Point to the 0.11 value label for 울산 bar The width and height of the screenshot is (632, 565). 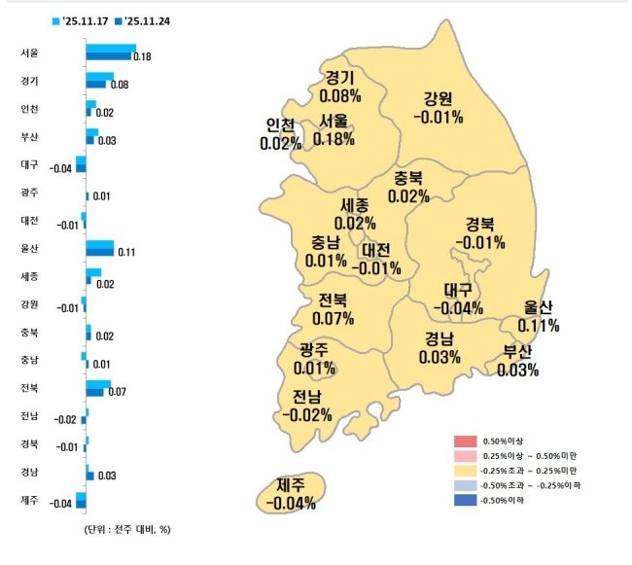point(125,252)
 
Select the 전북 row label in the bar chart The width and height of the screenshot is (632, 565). point(29,388)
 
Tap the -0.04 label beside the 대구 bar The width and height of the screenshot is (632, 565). point(61,168)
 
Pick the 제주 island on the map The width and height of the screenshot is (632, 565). point(293,493)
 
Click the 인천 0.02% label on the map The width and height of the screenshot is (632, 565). point(281,133)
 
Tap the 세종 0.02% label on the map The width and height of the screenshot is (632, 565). point(355,214)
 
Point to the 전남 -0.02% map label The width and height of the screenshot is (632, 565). point(307,406)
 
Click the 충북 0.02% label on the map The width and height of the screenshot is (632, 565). point(408,187)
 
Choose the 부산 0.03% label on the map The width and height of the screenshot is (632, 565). point(517,360)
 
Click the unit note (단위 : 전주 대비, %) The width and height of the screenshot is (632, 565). point(128,530)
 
